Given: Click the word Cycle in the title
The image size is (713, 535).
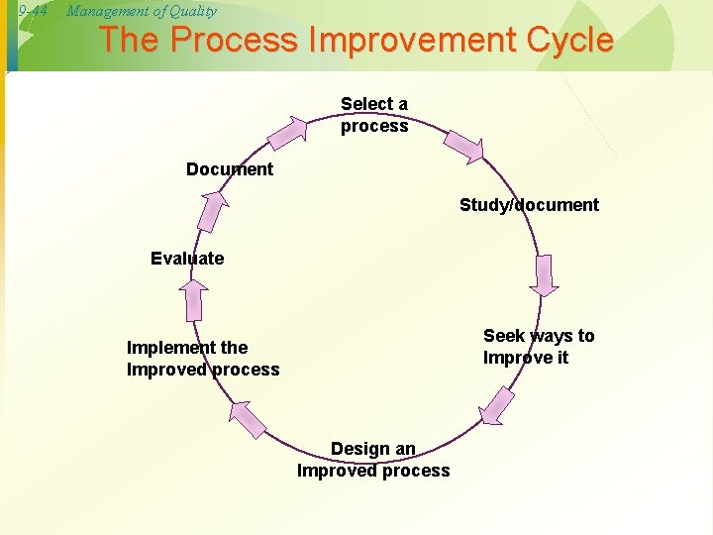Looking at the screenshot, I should (x=566, y=41).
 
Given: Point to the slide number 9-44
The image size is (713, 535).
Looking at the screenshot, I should (x=34, y=11).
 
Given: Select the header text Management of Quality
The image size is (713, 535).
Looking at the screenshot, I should (x=141, y=11).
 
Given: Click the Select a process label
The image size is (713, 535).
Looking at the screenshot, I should (x=374, y=115).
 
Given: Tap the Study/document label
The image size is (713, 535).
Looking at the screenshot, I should (x=529, y=205).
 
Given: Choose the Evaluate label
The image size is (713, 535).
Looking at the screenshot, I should (x=187, y=259).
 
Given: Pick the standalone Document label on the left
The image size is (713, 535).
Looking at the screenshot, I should (x=230, y=169).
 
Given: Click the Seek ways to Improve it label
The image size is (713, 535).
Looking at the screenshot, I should (x=539, y=347).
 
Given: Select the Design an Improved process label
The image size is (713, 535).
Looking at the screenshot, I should (x=373, y=460).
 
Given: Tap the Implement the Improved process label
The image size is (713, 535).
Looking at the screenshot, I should (x=203, y=359).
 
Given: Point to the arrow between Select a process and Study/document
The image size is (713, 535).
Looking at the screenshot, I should (x=462, y=145).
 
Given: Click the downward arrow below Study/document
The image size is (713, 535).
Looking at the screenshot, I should (x=544, y=276).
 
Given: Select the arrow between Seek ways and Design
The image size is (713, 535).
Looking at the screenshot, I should (x=496, y=405).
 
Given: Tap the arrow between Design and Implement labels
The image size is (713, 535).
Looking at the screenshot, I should (x=248, y=417).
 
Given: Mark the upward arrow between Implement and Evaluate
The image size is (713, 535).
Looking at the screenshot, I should (x=195, y=299).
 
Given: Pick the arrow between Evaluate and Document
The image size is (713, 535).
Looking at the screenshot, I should (x=211, y=209).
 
